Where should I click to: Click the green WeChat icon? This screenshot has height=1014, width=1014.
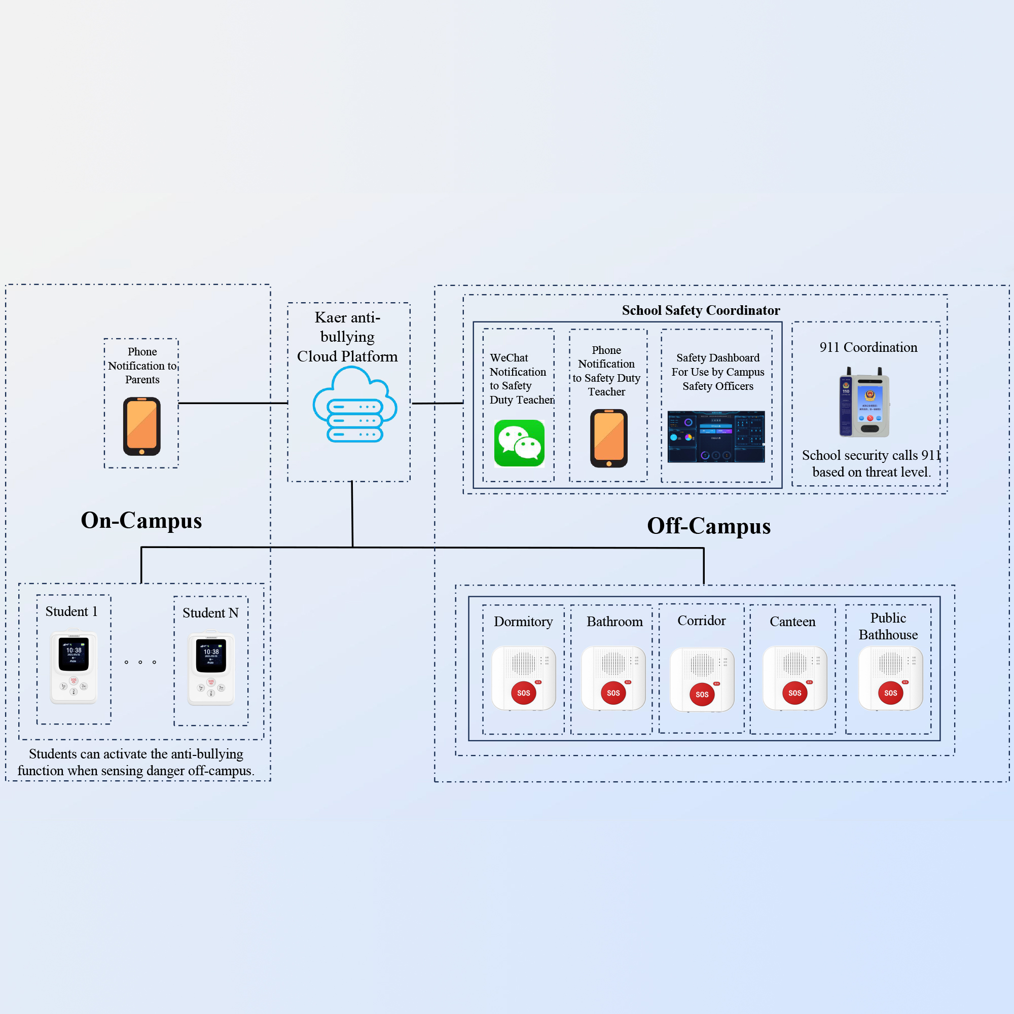pos(519,443)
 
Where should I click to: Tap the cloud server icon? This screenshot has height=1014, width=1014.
pos(354,405)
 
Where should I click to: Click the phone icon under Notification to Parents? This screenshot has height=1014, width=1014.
pos(142,426)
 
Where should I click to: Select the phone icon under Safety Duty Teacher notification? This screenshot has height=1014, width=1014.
pos(608,438)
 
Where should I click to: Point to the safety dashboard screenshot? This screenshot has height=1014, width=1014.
pos(716,437)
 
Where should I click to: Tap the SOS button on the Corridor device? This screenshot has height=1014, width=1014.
pos(702,694)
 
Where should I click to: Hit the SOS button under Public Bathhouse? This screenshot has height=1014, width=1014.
pos(890,693)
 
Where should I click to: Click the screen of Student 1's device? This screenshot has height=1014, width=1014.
pos(74,654)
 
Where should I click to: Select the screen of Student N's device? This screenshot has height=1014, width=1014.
pos(211,656)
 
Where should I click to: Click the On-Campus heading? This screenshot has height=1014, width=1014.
pos(141,520)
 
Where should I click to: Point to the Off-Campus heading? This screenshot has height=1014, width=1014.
pos(709,526)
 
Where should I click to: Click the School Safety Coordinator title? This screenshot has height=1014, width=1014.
pos(701,310)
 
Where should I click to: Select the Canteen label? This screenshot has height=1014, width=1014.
pos(792,622)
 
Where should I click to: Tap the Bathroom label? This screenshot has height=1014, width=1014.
pos(614,622)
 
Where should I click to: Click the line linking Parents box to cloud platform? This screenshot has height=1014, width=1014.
pos(233,403)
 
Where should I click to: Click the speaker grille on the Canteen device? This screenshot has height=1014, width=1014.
pos(794,664)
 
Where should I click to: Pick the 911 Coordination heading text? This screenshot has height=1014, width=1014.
pos(868,347)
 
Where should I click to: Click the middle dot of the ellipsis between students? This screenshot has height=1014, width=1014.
pos(140,662)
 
